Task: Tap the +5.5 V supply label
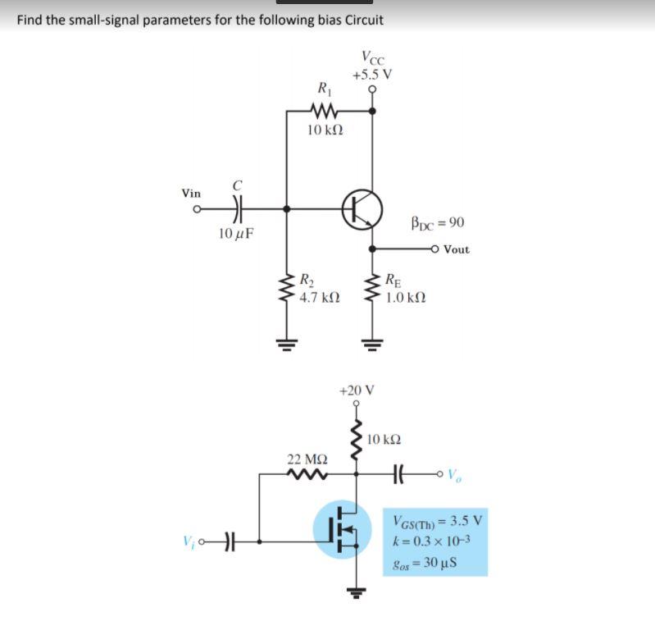pos(372,74)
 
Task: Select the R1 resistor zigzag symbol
pos(325,109)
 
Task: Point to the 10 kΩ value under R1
pos(325,130)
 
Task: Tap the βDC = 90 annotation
pos(437,222)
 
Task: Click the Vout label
pos(456,249)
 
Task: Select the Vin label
pos(191,194)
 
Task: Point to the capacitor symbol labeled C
pos(236,209)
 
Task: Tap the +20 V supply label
pos(356,390)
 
